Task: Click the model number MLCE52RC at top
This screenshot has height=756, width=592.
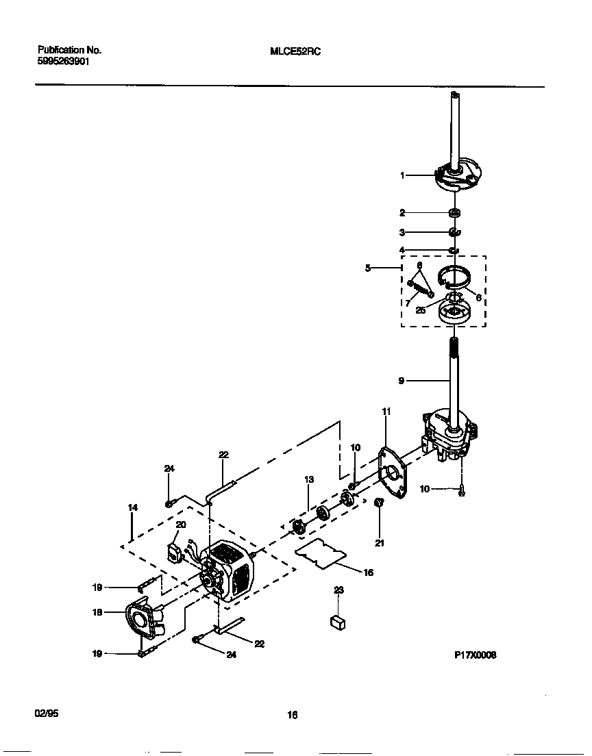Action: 292,51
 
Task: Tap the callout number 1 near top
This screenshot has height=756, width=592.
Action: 403,176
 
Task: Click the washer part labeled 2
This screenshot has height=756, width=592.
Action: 455,212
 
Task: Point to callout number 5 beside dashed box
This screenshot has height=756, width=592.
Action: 368,268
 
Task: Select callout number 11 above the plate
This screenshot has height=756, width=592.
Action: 386,412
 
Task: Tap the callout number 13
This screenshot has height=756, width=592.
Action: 309,480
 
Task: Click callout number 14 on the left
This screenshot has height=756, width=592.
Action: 132,507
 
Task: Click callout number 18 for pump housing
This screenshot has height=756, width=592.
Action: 97,612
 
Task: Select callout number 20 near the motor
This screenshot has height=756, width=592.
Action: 181,525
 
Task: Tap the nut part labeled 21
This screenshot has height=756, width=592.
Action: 379,504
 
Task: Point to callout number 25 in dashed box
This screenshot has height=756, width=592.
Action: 420,310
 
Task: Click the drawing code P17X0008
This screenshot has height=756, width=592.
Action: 475,655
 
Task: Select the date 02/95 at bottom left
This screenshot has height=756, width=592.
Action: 47,713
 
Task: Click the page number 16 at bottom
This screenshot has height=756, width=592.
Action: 292,715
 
